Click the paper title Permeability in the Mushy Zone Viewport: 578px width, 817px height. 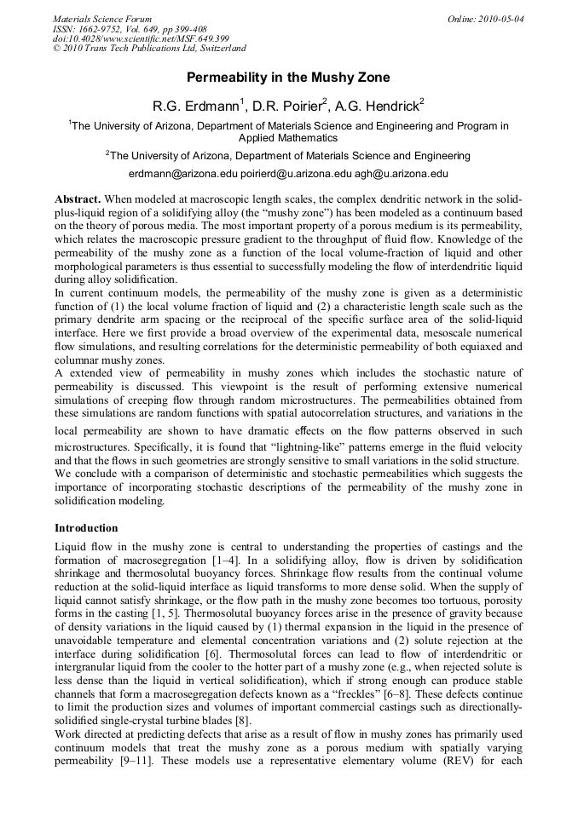[288, 78]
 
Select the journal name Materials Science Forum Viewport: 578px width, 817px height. [102, 19]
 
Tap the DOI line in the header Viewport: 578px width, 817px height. [141, 39]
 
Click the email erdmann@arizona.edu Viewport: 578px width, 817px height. [181, 173]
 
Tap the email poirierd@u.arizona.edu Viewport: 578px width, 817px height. [296, 173]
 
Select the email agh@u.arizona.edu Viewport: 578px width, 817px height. [402, 173]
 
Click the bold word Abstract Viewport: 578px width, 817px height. [78, 198]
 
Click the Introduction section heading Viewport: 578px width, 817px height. [86, 528]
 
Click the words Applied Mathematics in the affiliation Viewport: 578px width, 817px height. [288, 138]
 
